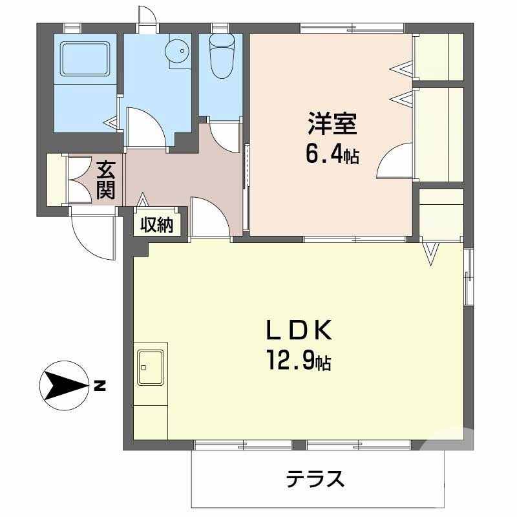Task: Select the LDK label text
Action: pos(299,332)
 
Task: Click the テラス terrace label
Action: pos(315,480)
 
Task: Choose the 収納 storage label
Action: pos(157,226)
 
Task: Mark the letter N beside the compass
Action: pos(99,388)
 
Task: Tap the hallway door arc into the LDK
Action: pos(211,219)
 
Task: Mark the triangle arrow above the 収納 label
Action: pos(142,203)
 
